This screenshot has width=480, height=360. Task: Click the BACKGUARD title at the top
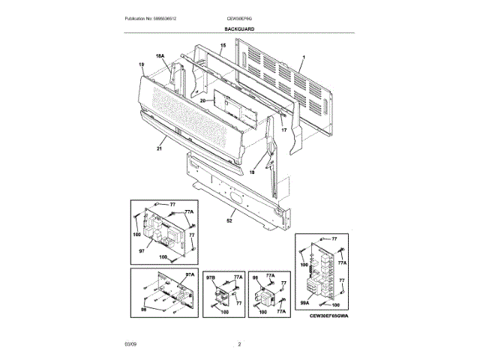239,28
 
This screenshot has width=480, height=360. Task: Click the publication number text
155,18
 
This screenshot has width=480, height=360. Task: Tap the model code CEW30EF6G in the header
239,18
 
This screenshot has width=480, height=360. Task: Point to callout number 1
304,58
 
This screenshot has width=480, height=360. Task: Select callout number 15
222,46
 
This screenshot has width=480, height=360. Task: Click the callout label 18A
160,57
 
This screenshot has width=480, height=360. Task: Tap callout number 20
202,100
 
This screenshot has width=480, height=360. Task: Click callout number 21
159,149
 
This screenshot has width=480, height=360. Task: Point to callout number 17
284,131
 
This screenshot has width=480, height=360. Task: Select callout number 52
229,221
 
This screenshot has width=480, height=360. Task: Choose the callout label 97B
211,277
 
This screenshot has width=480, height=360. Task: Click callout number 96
256,277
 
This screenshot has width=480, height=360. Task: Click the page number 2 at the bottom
239,343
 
